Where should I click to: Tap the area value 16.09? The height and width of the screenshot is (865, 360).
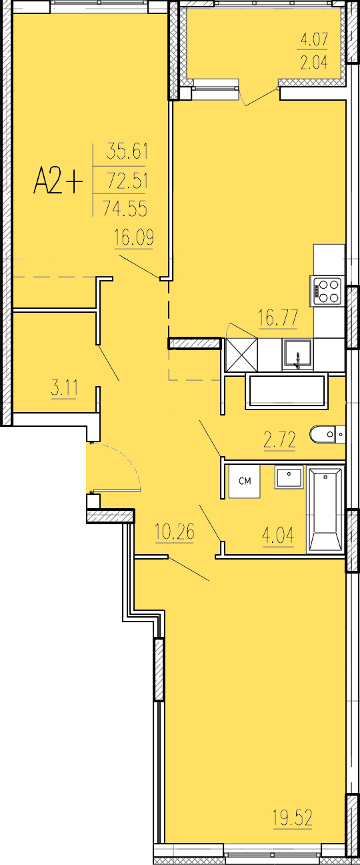[x=134, y=237]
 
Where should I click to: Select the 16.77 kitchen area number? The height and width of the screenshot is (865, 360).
[x=278, y=318]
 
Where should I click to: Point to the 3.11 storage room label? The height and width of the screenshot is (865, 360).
[x=64, y=387]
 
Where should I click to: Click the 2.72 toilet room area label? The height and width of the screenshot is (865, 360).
[x=280, y=440]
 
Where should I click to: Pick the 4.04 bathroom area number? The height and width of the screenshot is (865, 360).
[x=278, y=536]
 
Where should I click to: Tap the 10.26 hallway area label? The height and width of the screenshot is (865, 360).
[x=175, y=532]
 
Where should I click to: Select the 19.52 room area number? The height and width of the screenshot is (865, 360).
[x=293, y=817]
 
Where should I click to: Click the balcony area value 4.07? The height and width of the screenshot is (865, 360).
[x=314, y=39]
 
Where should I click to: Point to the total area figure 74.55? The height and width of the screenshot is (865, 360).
[x=125, y=209]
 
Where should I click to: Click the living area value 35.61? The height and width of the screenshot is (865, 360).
[x=127, y=151]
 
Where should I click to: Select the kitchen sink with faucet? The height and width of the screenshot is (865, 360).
[x=297, y=355]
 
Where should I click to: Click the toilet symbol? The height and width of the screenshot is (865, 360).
[x=327, y=434]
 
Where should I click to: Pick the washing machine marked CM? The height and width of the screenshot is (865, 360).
[x=245, y=481]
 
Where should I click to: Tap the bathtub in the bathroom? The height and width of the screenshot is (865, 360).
[x=325, y=509]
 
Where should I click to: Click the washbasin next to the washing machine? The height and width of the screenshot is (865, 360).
[x=289, y=478]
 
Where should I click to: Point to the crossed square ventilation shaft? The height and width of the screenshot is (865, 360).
[x=241, y=355]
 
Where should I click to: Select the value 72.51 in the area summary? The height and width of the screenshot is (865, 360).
[x=127, y=181]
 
